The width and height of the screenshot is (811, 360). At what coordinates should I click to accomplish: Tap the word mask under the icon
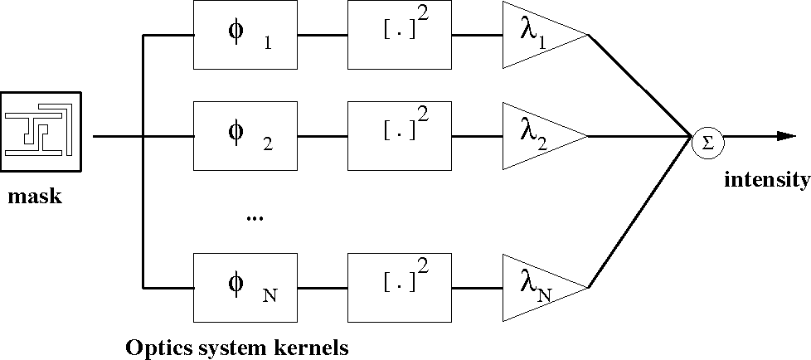coord(35,197)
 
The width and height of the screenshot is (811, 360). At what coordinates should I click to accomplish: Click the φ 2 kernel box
coord(245,136)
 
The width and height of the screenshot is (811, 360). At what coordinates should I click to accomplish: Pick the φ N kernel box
coord(245,288)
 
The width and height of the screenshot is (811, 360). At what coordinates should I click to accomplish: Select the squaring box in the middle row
coord(400,136)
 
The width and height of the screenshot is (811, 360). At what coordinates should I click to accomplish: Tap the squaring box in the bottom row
coord(400,288)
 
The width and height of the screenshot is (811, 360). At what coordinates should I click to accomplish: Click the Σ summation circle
coord(707,141)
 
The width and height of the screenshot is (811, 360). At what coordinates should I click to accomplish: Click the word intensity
coord(766,180)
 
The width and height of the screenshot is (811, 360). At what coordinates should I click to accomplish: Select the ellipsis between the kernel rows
coord(254,218)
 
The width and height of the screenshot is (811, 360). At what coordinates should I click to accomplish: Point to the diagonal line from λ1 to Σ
coord(639,85)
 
